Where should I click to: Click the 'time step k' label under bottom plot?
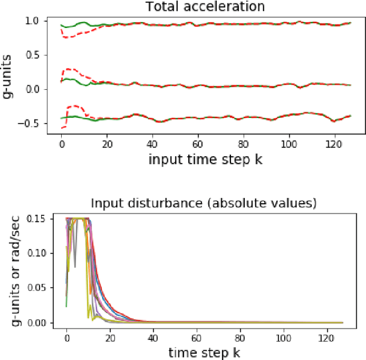tap(204, 352)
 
